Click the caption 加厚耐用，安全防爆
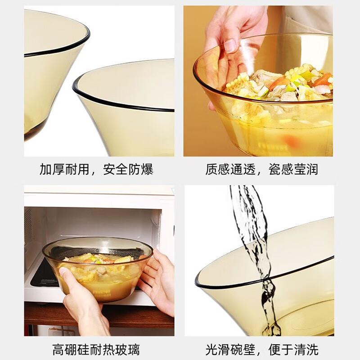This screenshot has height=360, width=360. [96, 170]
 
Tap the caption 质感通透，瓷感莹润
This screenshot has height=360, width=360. [262, 170]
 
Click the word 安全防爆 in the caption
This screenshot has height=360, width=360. [128, 170]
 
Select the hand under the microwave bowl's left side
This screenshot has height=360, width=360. [85, 303]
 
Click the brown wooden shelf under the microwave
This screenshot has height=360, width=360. [99, 316]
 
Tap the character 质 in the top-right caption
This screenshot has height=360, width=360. [211, 170]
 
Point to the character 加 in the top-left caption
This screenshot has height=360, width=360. [46, 170]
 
